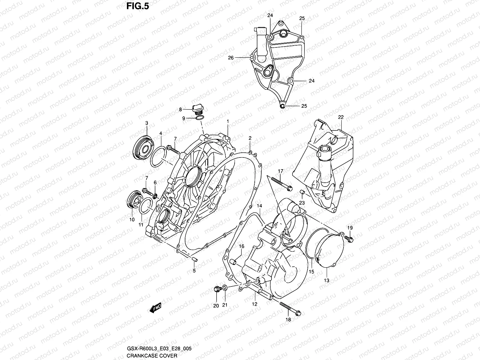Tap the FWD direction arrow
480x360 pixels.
[x=155, y=308]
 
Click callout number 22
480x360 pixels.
[x=341, y=117]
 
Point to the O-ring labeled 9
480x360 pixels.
[x=200, y=118]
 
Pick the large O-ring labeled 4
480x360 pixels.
[x=158, y=157]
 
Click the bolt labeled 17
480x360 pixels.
[x=281, y=184]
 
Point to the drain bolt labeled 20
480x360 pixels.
[x=216, y=289]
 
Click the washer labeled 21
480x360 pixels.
[x=225, y=289]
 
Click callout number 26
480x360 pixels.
[x=231, y=58]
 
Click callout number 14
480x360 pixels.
[x=259, y=206]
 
